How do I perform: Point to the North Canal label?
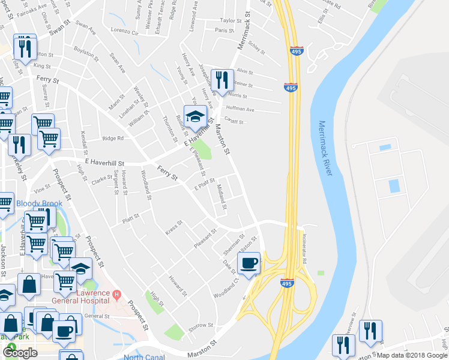(x=143, y=356)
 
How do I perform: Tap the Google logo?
(x=20, y=353)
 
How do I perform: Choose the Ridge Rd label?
(x=112, y=138)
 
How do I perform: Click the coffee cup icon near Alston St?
(x=248, y=262)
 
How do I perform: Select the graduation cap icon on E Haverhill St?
(x=195, y=117)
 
